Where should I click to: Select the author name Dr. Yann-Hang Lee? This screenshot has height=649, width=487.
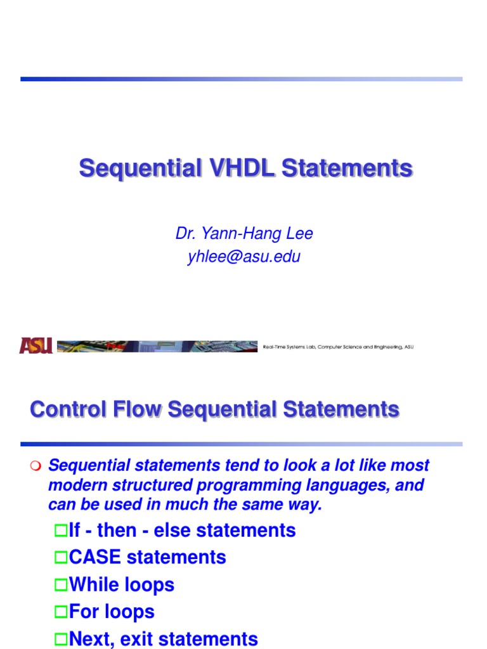click(244, 234)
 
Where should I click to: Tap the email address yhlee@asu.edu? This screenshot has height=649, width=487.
click(244, 257)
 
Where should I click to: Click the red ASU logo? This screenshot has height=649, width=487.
click(36, 345)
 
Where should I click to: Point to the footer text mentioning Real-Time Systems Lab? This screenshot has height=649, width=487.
click(338, 347)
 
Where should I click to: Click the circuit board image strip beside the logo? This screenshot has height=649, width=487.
click(157, 346)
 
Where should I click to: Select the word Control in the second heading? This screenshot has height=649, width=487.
click(66, 409)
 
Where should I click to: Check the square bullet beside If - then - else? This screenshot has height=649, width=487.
click(60, 530)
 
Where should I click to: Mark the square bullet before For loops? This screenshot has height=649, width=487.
click(60, 612)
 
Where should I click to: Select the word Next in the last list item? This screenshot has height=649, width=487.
click(89, 638)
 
